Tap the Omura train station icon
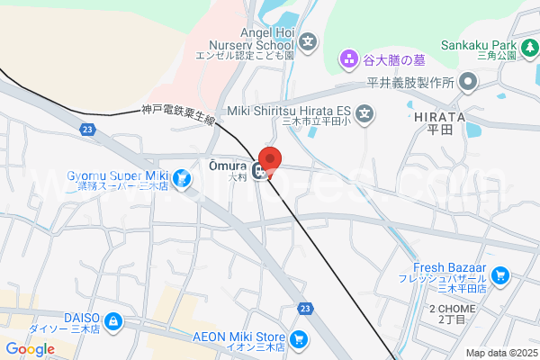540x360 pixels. pyautogui.click(x=259, y=170)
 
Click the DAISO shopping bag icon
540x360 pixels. pyautogui.click(x=112, y=320)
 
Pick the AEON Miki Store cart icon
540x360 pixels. pyautogui.click(x=298, y=340)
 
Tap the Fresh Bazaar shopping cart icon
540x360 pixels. pyautogui.click(x=502, y=275)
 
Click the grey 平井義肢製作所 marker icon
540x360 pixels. pyautogui.click(x=468, y=83)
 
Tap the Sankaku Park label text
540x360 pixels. pyautogui.click(x=478, y=44)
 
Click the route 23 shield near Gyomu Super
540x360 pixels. pyautogui.click(x=87, y=130)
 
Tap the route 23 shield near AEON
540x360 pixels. pyautogui.click(x=306, y=309)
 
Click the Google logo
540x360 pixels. pyautogui.click(x=30, y=349)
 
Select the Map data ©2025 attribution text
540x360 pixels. pyautogui.click(x=500, y=354)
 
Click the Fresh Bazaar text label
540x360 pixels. pyautogui.click(x=450, y=267)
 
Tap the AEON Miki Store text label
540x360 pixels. pyautogui.click(x=239, y=335)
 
